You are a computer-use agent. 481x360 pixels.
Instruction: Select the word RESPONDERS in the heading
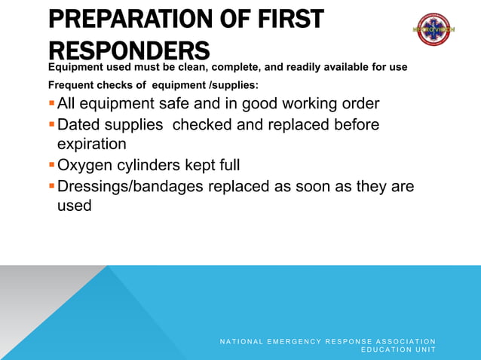pos(128,50)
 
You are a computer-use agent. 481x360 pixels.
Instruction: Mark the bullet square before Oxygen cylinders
pos(51,165)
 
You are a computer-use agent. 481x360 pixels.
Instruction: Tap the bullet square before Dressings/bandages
pos(51,185)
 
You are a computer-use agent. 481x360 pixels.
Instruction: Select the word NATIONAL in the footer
pos(244,342)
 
